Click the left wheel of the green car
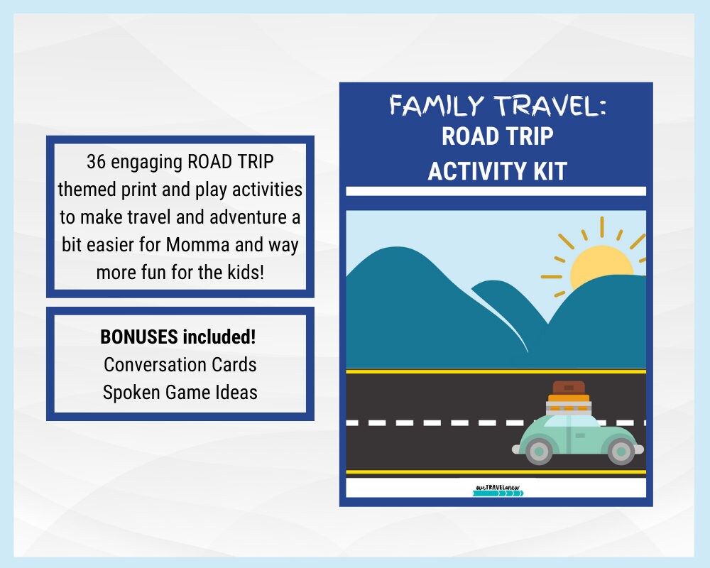540,450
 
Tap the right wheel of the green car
622,450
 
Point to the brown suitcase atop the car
569,388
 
